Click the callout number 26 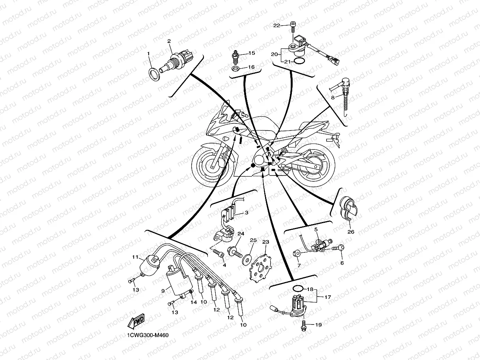351,232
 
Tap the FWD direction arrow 136,321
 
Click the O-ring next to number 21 299,62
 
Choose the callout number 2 169,41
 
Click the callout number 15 252,53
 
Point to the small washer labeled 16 235,69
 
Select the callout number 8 333,97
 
